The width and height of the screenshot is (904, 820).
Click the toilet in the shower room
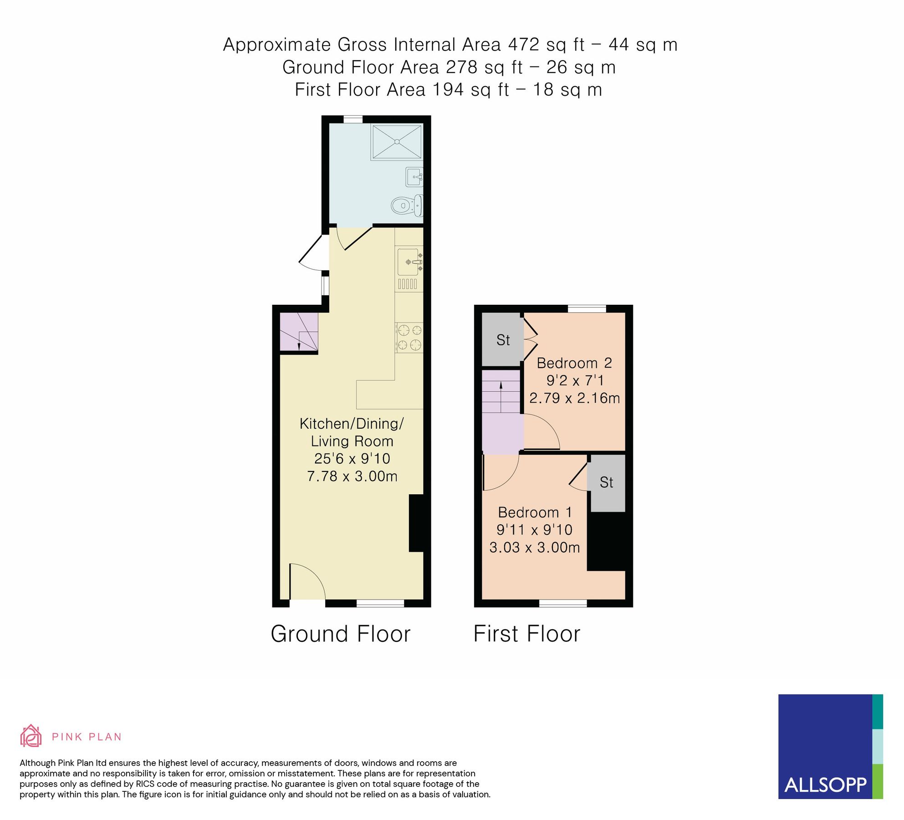point(406,206)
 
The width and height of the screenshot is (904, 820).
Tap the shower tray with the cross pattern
point(397,142)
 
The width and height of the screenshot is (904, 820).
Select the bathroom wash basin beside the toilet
point(414,176)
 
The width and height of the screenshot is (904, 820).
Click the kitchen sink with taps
point(409,262)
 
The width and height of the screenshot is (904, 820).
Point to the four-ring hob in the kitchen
point(409,337)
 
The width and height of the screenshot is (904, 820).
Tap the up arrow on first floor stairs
point(501,386)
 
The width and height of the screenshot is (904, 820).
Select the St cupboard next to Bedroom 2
point(503,340)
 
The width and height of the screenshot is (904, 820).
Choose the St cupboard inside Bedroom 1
point(606,482)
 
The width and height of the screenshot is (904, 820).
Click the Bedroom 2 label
point(574,363)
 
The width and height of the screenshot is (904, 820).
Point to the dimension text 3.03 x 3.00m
point(534,547)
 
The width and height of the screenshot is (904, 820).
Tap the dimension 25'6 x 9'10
point(352,458)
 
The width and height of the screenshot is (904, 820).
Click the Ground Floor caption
point(340,634)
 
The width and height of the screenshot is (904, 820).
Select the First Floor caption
point(526,634)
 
